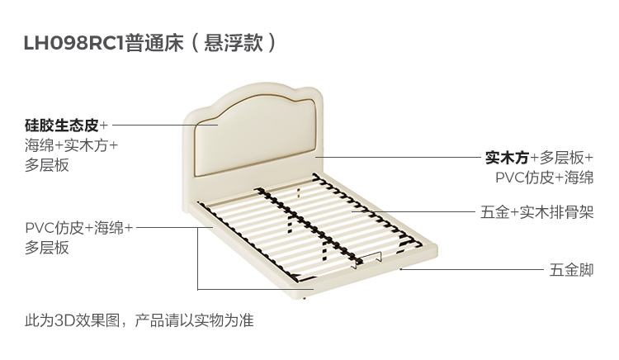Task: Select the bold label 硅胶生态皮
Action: (61, 126)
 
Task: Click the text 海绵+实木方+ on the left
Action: (71, 145)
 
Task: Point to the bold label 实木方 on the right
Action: (506, 157)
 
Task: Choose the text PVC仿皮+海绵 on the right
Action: (544, 177)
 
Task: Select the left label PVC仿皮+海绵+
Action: (78, 227)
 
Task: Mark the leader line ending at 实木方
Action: (396, 157)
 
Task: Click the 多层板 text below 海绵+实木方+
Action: (47, 164)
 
